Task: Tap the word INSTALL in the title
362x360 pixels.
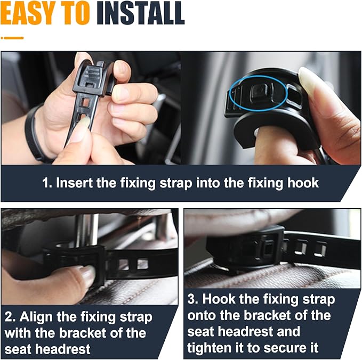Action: coord(140,14)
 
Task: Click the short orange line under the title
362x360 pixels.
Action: coord(12,38)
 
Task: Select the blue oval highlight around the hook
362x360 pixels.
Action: coord(259,93)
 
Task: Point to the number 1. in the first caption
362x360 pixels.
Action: coord(47,183)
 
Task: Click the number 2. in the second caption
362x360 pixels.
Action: coord(10,317)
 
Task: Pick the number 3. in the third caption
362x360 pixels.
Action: coord(192,299)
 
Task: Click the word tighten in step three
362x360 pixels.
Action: coord(209,348)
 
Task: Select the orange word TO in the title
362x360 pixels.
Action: coord(77,14)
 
